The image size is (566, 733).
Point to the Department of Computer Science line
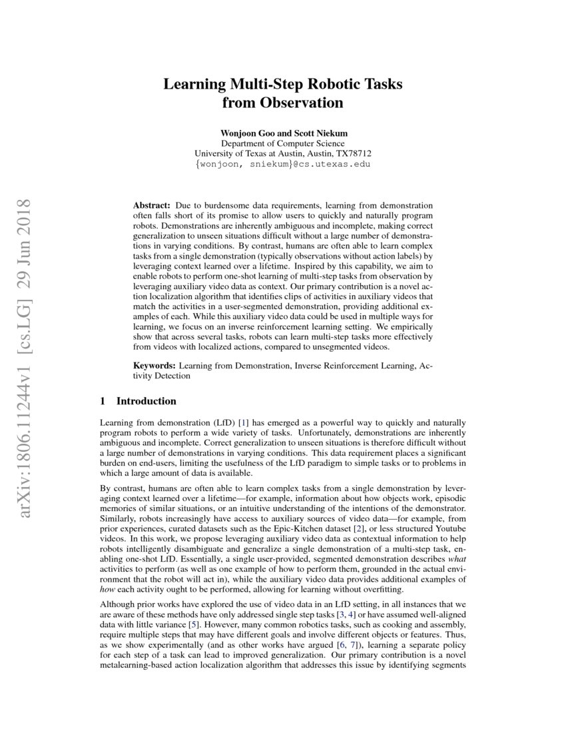(x=283, y=143)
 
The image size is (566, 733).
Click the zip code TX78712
(x=354, y=153)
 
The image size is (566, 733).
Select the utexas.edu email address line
(x=283, y=163)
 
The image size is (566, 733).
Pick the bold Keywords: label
(x=154, y=366)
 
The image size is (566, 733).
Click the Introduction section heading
(x=146, y=401)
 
